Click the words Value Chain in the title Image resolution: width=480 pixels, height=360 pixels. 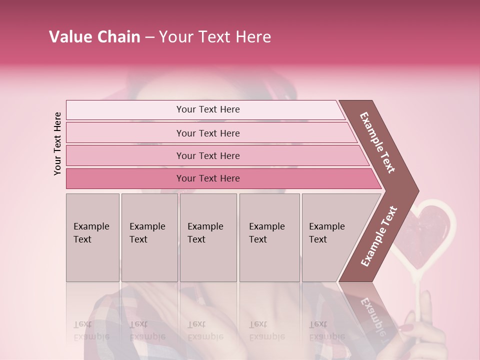(94, 37)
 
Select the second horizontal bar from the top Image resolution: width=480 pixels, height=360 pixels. (208, 133)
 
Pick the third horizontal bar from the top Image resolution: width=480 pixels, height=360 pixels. (208, 155)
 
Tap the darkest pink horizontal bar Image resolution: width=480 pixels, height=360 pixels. (208, 178)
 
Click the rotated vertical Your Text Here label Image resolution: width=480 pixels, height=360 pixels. (58, 143)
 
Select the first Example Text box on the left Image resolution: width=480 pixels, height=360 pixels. (92, 237)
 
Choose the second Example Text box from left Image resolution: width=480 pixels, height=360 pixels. (149, 237)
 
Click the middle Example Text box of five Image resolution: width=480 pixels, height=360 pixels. (208, 237)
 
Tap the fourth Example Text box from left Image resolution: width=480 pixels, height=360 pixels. (269, 237)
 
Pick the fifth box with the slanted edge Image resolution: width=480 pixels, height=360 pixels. (330, 237)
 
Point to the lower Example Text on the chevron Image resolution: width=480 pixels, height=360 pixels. (379, 236)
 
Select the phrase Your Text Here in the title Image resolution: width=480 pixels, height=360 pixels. (215, 37)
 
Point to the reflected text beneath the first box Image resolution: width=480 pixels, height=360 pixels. (91, 331)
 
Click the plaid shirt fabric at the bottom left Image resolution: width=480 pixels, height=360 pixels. (112, 320)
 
